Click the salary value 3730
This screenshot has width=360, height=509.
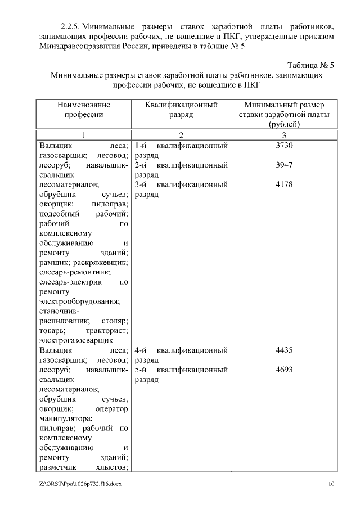pyautogui.click(x=285, y=146)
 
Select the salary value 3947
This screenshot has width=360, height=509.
pyautogui.click(x=285, y=165)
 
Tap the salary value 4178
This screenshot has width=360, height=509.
pyautogui.click(x=285, y=184)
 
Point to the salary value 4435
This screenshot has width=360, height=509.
pyautogui.click(x=285, y=350)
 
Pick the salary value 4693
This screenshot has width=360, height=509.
pyautogui.click(x=285, y=370)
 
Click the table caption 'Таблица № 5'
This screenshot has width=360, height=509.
pyautogui.click(x=310, y=65)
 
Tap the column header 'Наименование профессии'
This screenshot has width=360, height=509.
pyautogui.click(x=83, y=109)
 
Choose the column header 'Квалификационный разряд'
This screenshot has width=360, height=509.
pyautogui.click(x=181, y=109)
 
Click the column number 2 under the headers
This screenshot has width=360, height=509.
pyautogui.click(x=181, y=134)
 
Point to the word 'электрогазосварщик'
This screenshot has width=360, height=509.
pyautogui.click(x=76, y=340)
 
